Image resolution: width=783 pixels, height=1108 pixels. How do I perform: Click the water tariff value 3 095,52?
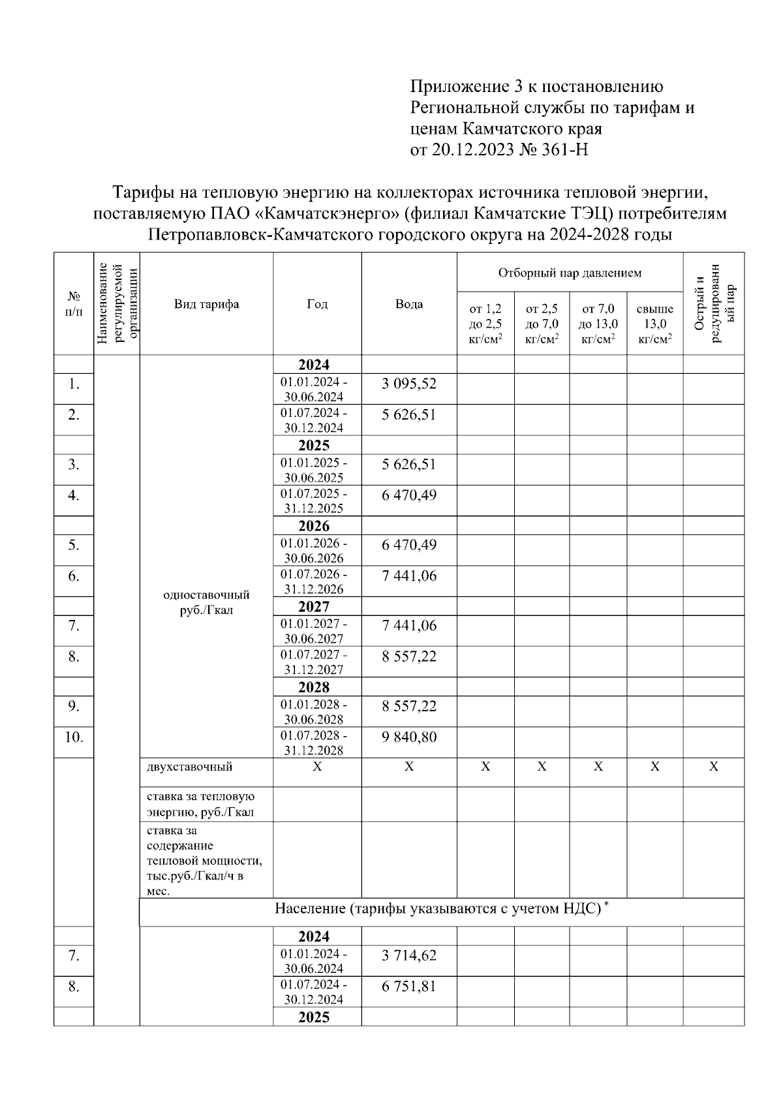click(x=408, y=384)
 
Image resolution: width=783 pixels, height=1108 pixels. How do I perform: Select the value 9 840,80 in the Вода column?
click(x=408, y=737)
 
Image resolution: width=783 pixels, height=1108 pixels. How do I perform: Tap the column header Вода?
click(x=408, y=304)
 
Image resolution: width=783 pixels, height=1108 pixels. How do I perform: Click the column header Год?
click(x=317, y=304)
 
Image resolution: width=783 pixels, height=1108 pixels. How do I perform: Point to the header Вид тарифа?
click(x=206, y=304)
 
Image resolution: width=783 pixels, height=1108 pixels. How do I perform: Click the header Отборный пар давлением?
click(x=570, y=273)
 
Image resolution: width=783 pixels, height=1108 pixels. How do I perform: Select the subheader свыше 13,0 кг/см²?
click(x=654, y=324)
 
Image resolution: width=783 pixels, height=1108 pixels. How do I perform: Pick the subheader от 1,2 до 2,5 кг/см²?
click(x=485, y=324)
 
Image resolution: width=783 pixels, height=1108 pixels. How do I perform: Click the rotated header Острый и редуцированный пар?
click(x=714, y=304)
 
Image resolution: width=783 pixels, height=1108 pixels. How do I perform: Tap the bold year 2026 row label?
click(x=314, y=527)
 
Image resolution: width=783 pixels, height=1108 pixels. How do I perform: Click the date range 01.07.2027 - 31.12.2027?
click(x=314, y=662)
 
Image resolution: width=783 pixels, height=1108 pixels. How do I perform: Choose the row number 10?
click(x=74, y=737)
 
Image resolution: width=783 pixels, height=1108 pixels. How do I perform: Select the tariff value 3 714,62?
click(x=408, y=956)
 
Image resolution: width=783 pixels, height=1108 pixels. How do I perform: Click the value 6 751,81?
click(x=408, y=987)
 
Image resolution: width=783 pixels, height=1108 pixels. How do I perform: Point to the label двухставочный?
click(x=189, y=767)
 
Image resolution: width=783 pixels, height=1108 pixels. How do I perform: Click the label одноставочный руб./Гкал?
click(x=206, y=602)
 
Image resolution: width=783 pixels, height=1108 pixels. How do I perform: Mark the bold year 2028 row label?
click(x=314, y=687)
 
